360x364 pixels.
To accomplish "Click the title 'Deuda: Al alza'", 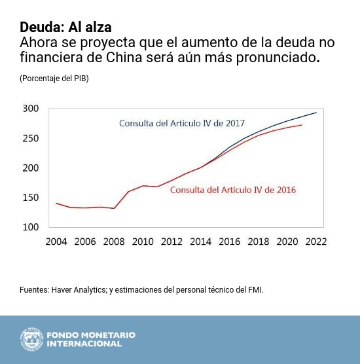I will tap(65, 27).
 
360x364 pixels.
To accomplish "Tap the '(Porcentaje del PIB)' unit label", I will tap(54, 79).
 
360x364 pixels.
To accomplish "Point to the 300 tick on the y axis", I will tap(31, 109).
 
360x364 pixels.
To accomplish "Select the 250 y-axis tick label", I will tap(31, 138).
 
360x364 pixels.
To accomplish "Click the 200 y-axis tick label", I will tap(31, 168).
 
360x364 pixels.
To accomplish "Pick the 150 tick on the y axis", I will tap(31, 198).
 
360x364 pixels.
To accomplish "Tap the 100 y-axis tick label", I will tap(31, 227).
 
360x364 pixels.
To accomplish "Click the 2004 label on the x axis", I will tap(56, 242).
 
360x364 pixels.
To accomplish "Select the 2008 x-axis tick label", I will tap(114, 242).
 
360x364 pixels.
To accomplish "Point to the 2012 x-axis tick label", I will tap(171, 242).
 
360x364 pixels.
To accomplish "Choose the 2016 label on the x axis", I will tap(229, 242).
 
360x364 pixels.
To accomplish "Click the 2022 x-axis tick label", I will tap(315, 242).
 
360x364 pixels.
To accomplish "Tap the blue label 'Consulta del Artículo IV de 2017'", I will tap(181, 123).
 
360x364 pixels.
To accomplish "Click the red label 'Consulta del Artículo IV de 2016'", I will tap(233, 190).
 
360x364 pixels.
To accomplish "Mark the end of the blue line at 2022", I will tap(316, 113).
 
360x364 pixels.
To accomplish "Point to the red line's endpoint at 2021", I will tap(302, 125).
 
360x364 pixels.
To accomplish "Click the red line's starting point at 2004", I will tap(56, 204).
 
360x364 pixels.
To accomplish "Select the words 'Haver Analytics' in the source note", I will tap(77, 289).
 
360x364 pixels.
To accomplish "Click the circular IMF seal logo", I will tap(31, 339).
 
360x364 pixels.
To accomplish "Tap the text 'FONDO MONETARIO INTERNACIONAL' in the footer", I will tap(91, 339).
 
